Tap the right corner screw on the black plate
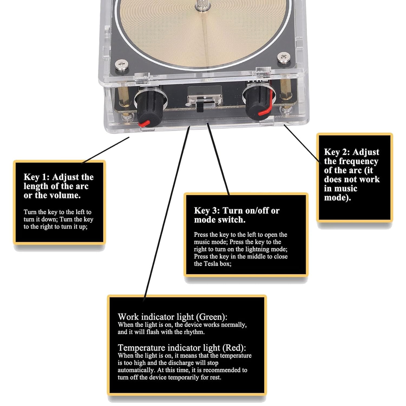[283, 57]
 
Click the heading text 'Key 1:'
[37, 177]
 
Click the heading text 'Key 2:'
[337, 152]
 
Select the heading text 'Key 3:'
[207, 211]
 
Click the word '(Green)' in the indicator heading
[212, 317]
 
